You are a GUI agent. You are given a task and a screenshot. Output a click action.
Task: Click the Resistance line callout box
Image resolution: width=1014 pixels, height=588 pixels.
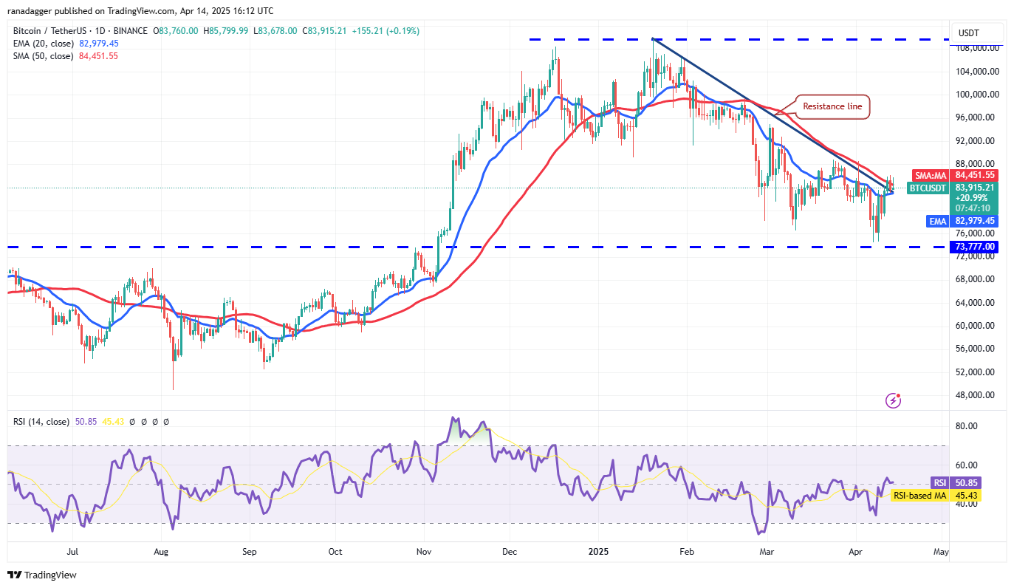[832, 106]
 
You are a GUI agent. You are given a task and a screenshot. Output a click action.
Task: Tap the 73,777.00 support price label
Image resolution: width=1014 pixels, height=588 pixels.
[975, 247]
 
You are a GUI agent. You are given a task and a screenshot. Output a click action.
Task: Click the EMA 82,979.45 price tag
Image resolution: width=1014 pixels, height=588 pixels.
[962, 221]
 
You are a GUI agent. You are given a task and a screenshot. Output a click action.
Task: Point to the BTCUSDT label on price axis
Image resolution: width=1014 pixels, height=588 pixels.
[927, 188]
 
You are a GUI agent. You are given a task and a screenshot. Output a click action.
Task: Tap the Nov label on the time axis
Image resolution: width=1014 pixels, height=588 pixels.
[424, 551]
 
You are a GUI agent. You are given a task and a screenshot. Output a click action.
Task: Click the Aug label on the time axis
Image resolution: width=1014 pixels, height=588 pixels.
[162, 551]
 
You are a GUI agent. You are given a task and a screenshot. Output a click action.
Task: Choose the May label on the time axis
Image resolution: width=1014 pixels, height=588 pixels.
[940, 551]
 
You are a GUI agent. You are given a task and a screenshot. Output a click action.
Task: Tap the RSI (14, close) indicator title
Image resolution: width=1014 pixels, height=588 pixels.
[41, 422]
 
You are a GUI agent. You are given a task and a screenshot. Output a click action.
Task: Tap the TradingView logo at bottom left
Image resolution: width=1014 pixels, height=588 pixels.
[42, 575]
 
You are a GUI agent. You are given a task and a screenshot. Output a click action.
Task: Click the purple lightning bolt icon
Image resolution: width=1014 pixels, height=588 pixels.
[894, 400]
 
